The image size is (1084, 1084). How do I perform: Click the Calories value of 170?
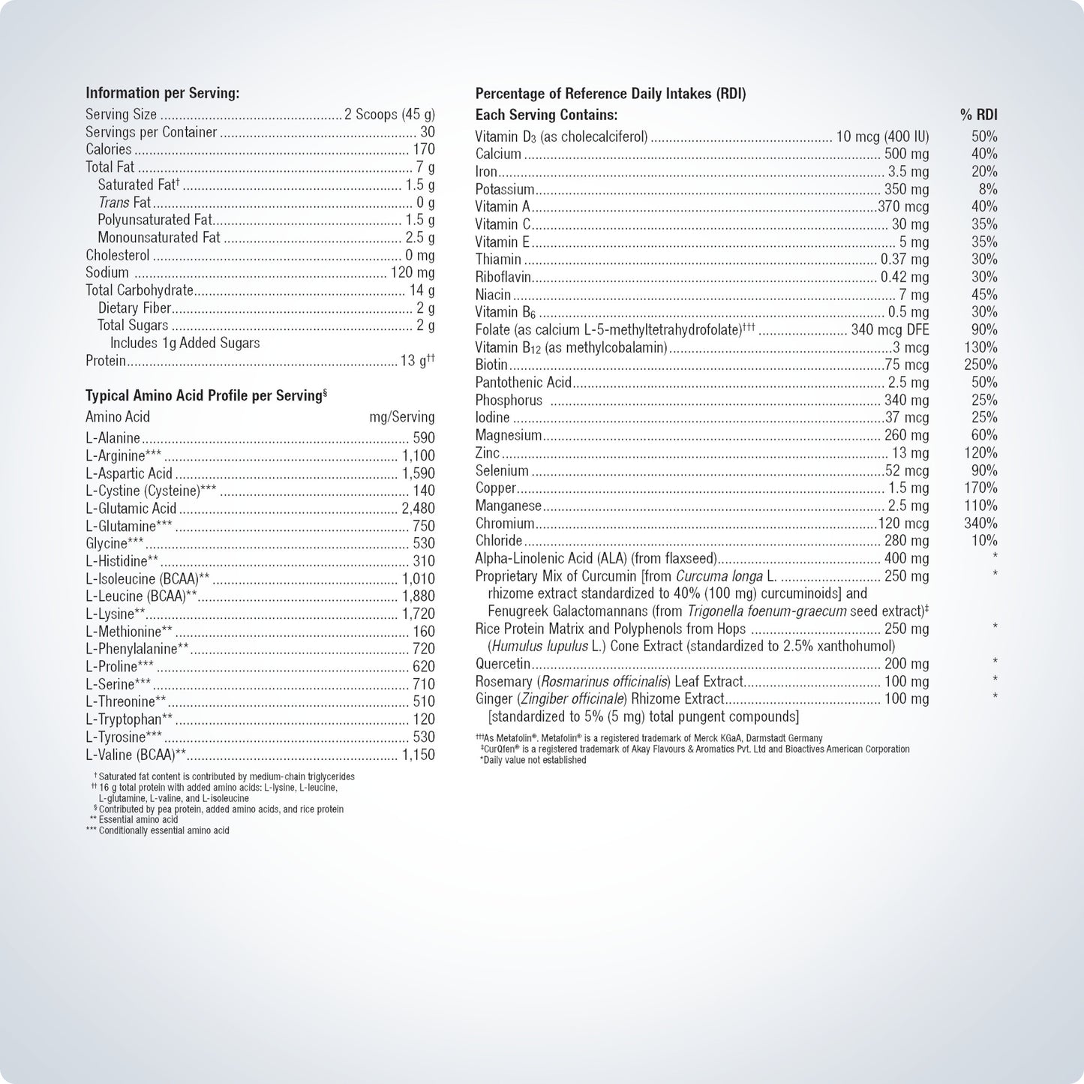click(423, 149)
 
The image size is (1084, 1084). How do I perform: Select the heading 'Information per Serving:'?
click(162, 94)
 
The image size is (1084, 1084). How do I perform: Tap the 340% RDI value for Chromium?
click(980, 523)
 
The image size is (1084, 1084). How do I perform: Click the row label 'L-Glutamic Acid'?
click(131, 509)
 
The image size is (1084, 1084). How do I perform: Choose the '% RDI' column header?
click(978, 115)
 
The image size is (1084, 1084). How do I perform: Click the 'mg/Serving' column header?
click(401, 417)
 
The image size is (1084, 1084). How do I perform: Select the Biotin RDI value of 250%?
click(980, 365)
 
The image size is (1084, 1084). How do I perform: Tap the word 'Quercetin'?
click(503, 664)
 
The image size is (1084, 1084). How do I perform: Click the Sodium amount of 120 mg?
click(413, 272)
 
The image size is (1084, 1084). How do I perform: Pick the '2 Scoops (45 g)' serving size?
click(389, 115)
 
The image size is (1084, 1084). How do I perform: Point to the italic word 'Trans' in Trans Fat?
click(114, 203)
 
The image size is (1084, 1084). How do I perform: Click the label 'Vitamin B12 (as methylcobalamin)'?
click(571, 347)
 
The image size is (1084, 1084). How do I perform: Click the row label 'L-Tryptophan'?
click(123, 719)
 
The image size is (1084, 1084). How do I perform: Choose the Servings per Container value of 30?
click(427, 132)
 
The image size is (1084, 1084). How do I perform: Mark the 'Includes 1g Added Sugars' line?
click(185, 343)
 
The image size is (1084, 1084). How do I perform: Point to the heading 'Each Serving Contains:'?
click(546, 115)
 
